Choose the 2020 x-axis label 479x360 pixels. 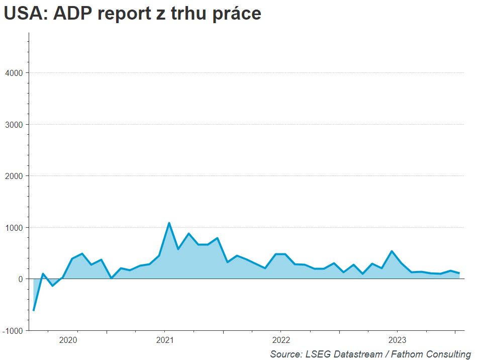(x=68, y=340)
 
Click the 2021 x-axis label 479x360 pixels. (x=165, y=340)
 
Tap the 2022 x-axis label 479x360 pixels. (x=281, y=340)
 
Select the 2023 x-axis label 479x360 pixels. (x=397, y=340)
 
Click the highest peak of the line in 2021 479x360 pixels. (x=169, y=223)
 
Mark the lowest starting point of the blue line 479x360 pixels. (x=34, y=310)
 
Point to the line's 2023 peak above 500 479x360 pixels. (x=392, y=251)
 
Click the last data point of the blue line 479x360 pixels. (x=459, y=273)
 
